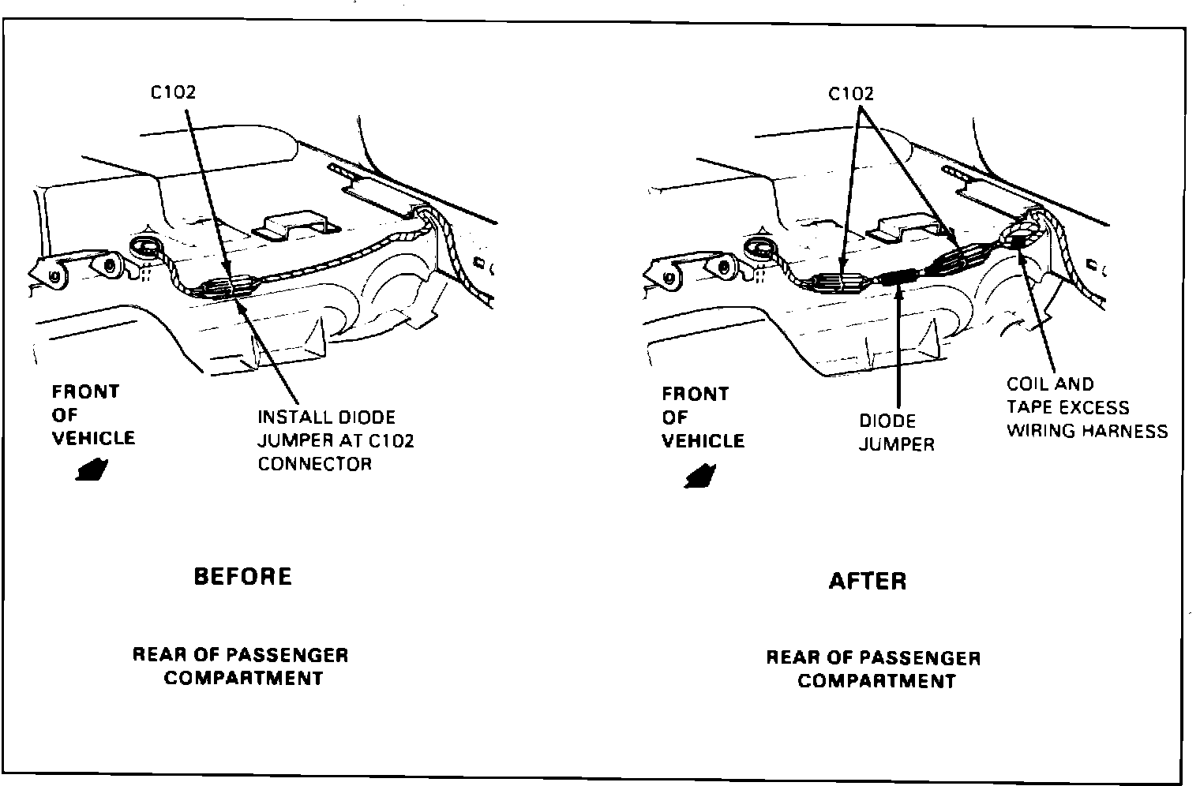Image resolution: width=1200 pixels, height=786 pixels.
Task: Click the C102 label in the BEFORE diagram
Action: click(173, 92)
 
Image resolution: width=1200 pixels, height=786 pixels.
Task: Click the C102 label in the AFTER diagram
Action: click(851, 94)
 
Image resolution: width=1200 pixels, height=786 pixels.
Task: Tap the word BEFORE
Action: click(242, 576)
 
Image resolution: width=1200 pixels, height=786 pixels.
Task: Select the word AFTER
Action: click(867, 582)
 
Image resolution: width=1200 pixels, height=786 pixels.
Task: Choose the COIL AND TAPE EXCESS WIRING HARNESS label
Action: click(1086, 407)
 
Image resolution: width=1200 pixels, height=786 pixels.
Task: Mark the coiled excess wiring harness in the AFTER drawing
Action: click(1020, 236)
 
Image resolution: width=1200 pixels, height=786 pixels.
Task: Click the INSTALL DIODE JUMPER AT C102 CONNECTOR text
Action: click(336, 440)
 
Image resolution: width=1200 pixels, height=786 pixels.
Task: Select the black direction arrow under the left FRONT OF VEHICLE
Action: click(93, 469)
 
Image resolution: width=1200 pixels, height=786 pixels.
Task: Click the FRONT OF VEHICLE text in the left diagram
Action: click(93, 415)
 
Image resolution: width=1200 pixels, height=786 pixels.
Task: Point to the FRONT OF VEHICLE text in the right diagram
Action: click(703, 417)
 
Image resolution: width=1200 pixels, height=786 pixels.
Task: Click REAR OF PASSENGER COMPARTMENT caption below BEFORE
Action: click(241, 666)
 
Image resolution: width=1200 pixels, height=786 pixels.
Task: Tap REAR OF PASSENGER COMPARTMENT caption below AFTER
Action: click(873, 669)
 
